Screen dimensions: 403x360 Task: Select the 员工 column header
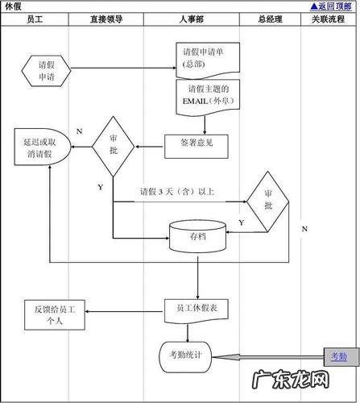click(x=35, y=19)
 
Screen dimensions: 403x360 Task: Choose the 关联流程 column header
click(x=328, y=19)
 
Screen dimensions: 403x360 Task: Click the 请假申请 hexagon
click(x=47, y=70)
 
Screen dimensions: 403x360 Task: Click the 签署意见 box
click(x=197, y=145)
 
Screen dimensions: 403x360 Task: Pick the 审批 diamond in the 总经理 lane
click(x=267, y=201)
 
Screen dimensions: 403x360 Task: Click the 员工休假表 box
click(x=197, y=308)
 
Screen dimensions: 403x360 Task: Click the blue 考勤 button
click(x=338, y=355)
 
